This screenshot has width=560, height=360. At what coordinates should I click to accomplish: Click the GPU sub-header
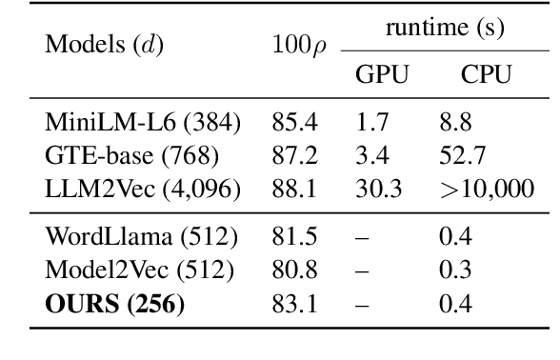(x=381, y=75)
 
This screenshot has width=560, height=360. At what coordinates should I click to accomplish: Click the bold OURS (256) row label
(x=114, y=304)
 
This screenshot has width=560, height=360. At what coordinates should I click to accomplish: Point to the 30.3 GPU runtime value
(x=377, y=189)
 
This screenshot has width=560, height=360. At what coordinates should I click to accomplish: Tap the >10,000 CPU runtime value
(x=486, y=189)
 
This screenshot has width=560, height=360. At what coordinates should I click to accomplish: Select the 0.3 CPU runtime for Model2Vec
(x=453, y=270)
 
